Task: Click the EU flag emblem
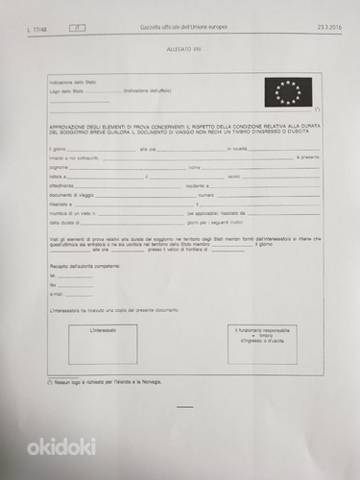pos(287,92)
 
